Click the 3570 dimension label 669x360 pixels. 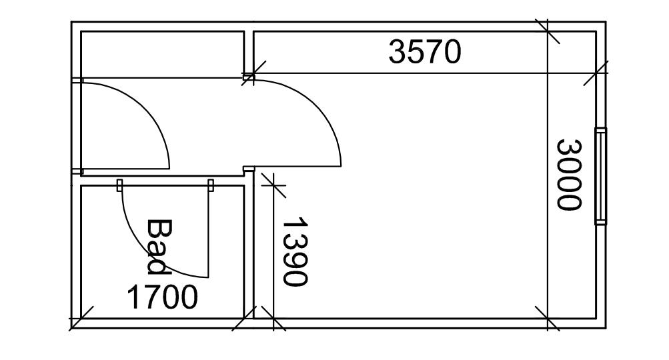(425, 52)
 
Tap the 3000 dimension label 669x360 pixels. (569, 174)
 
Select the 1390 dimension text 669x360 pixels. (295, 251)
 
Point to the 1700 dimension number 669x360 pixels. (163, 297)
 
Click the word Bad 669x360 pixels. (159, 246)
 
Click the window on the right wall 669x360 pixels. (601, 176)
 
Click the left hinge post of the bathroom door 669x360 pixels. (120, 185)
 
